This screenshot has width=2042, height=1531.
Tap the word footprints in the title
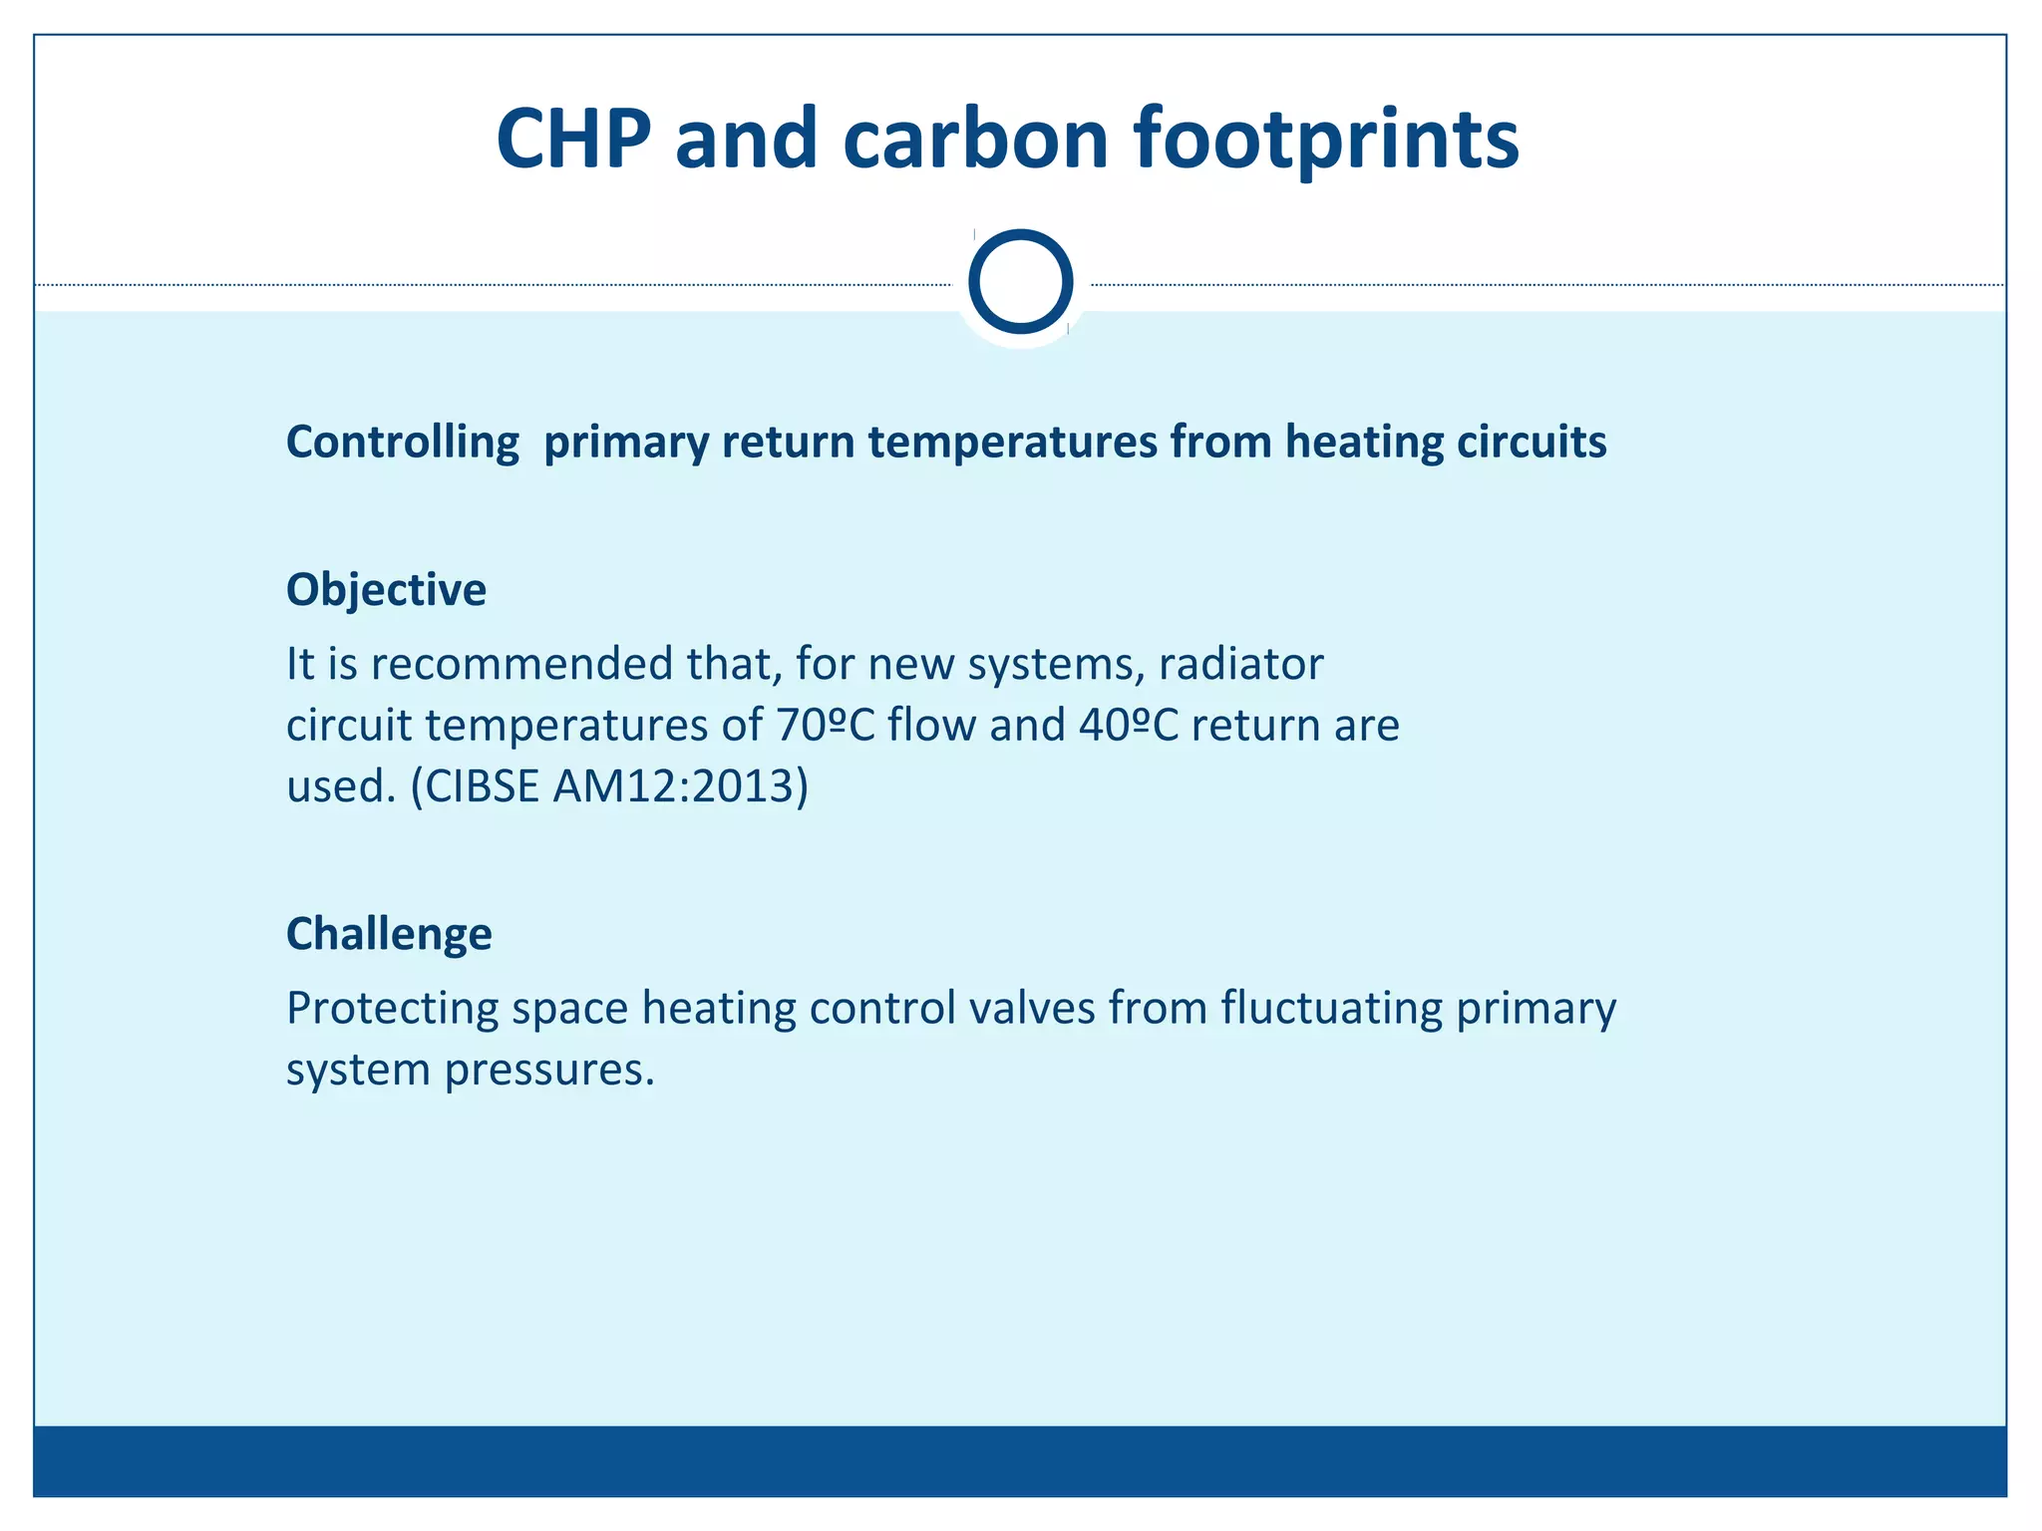tap(1326, 140)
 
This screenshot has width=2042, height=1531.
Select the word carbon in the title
tap(975, 140)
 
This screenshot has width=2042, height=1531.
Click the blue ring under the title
tap(1020, 282)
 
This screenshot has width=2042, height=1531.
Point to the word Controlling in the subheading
tap(402, 442)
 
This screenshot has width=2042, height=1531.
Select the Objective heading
tap(386, 590)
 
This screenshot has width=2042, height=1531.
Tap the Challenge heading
tap(389, 934)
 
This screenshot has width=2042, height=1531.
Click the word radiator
tap(1240, 664)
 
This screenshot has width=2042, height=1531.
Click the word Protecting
tap(392, 1008)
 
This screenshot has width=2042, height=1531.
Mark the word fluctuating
tap(1331, 1008)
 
